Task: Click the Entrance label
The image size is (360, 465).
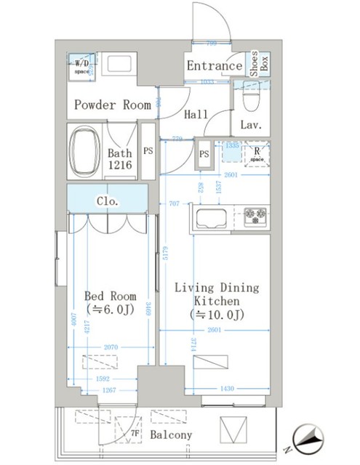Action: (x=214, y=66)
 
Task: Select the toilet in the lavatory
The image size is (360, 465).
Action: (x=249, y=97)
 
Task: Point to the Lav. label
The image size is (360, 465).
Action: (x=251, y=125)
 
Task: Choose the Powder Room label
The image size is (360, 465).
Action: (x=113, y=105)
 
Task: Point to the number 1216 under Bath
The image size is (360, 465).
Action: (x=120, y=166)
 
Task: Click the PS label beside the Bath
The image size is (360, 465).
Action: (x=148, y=152)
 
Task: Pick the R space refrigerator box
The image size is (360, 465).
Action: (x=257, y=155)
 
